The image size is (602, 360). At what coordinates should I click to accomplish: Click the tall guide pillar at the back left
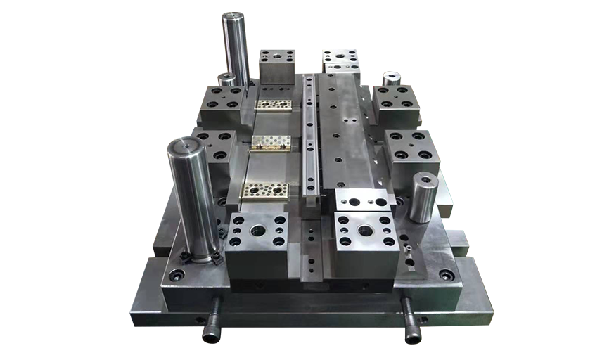(x=236, y=49)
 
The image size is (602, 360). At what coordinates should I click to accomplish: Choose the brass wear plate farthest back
(x=274, y=105)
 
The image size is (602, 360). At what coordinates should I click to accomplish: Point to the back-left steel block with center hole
(x=276, y=64)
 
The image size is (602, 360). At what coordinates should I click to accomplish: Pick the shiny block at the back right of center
(x=341, y=61)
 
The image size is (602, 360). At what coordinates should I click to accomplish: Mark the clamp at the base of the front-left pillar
(x=201, y=257)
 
